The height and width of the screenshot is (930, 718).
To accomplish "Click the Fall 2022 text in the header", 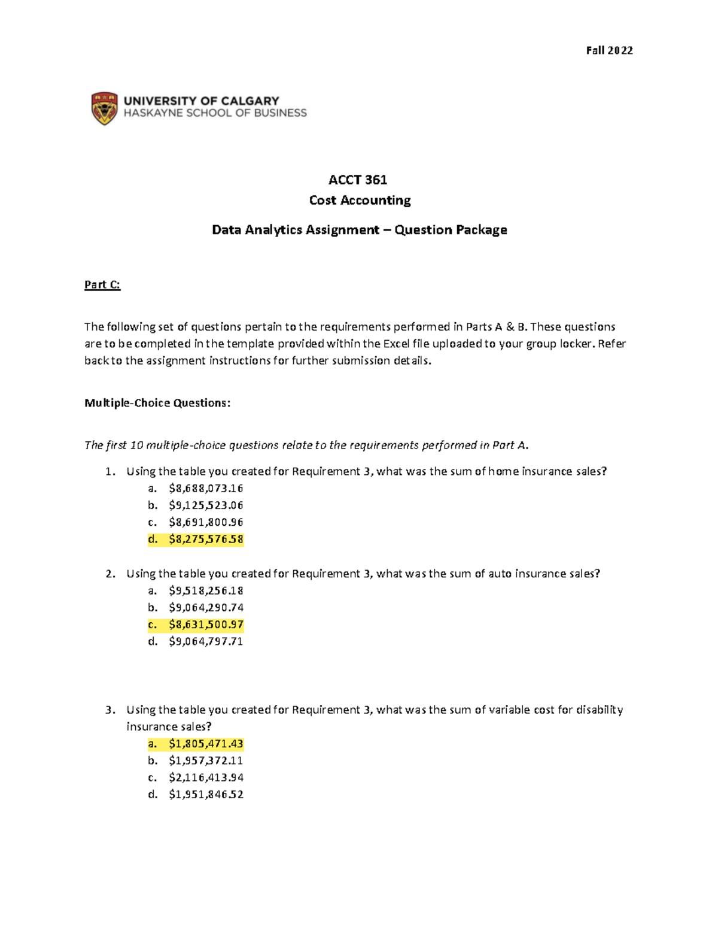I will pyautogui.click(x=609, y=50).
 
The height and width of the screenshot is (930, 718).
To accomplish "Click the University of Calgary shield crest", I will pyautogui.click(x=104, y=108).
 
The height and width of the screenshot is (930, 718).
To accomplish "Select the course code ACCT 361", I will pyautogui.click(x=358, y=180).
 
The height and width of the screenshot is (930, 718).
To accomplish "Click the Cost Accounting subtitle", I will pyautogui.click(x=360, y=200).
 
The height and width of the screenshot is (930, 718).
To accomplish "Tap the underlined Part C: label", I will pyautogui.click(x=102, y=284).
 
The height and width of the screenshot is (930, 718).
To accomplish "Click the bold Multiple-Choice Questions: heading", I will pyautogui.click(x=157, y=403).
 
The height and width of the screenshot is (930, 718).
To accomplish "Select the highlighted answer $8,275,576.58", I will pyautogui.click(x=206, y=539).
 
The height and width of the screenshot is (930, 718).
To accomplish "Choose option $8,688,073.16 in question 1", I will pyautogui.click(x=206, y=488).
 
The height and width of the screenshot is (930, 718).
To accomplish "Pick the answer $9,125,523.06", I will pyautogui.click(x=206, y=505).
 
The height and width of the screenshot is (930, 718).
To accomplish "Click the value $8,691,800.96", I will pyautogui.click(x=206, y=522).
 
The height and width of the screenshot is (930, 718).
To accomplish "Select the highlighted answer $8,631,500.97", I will pyautogui.click(x=206, y=625).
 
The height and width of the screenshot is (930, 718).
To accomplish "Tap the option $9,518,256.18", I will pyautogui.click(x=206, y=590).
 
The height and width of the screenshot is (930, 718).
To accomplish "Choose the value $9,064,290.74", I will pyautogui.click(x=206, y=607).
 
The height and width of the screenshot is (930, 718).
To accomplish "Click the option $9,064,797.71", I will pyautogui.click(x=206, y=641).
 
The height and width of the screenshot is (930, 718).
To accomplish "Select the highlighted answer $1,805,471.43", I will pyautogui.click(x=206, y=744).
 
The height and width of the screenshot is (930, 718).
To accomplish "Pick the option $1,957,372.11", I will pyautogui.click(x=206, y=761).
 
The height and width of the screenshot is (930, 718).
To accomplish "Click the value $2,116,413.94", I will pyautogui.click(x=206, y=777).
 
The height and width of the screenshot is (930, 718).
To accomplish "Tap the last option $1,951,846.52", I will pyautogui.click(x=206, y=795).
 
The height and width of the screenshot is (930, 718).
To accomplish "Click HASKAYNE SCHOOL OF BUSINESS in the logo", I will pyautogui.click(x=215, y=113).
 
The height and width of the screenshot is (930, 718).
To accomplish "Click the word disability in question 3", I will pyautogui.click(x=599, y=710).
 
